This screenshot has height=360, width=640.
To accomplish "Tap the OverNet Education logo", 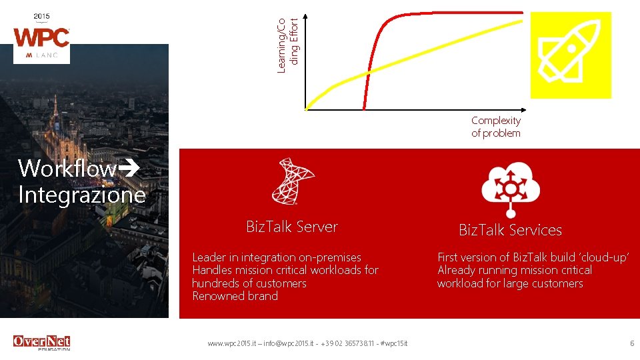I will pyautogui.click(x=41, y=343).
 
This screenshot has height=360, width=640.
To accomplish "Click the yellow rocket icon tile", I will pyautogui.click(x=570, y=55).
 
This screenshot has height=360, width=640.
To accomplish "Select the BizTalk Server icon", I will pyautogui.click(x=292, y=181).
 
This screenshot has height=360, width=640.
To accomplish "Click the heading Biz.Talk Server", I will pyautogui.click(x=291, y=227).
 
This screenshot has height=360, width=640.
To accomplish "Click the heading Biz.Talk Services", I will pyautogui.click(x=510, y=230).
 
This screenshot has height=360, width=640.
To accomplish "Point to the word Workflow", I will pyautogui.click(x=67, y=169).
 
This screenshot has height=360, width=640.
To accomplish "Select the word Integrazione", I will pyautogui.click(x=81, y=195).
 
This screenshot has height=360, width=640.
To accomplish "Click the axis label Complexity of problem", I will pyautogui.click(x=495, y=127).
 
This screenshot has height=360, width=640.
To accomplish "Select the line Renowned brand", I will pyautogui.click(x=235, y=296).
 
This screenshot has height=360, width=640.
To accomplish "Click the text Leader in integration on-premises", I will pyautogui.click(x=276, y=257).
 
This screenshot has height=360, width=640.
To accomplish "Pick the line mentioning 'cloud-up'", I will pyautogui.click(x=533, y=257).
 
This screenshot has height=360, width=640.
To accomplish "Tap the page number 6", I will pyautogui.click(x=631, y=343).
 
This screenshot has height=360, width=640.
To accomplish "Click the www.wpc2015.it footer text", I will pyautogui.click(x=307, y=343).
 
